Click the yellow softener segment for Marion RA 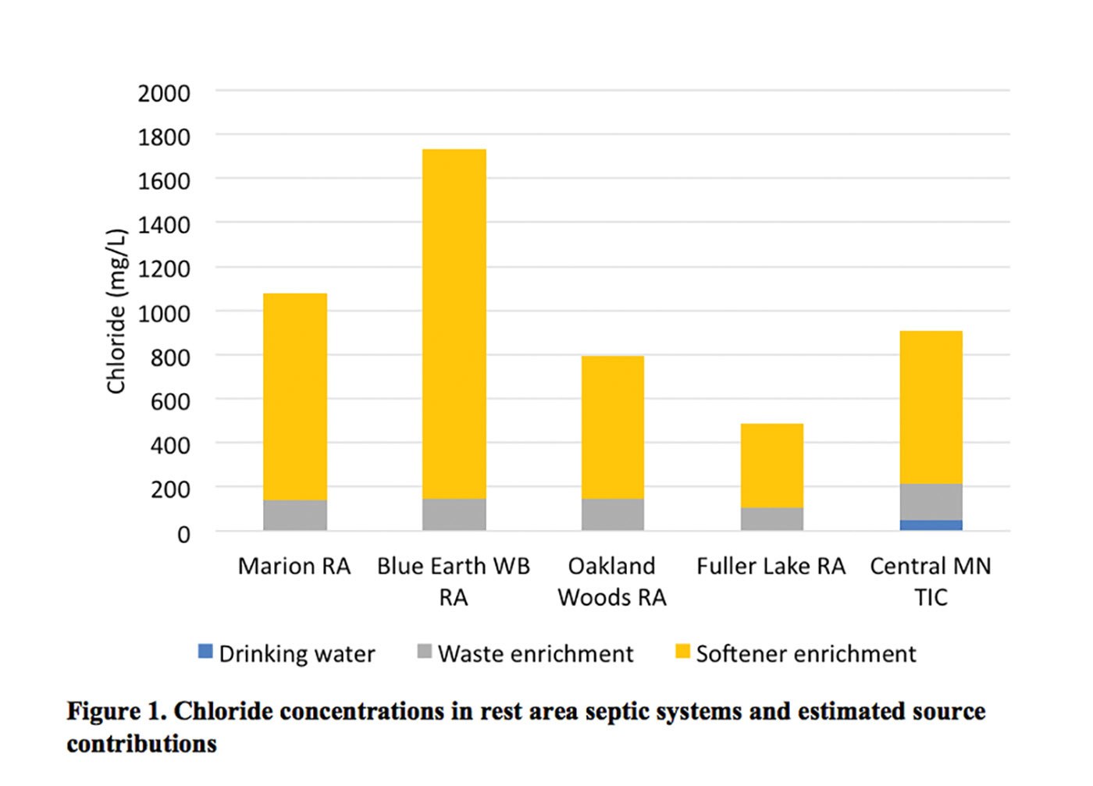click(295, 397)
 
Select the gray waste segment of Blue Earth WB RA click(454, 514)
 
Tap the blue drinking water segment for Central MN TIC click(931, 525)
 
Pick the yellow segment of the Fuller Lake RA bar click(772, 465)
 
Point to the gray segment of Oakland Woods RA click(613, 514)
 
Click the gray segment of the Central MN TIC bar click(931, 502)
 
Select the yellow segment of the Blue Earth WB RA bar click(454, 324)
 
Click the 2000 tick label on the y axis click(164, 94)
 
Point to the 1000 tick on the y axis click(164, 314)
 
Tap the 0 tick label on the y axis click(183, 535)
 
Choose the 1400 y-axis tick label click(164, 226)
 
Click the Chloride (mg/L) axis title click(116, 311)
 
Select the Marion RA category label click(294, 566)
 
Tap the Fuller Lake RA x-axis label click(771, 566)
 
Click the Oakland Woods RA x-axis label click(612, 581)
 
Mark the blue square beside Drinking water click(205, 651)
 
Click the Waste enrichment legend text click(536, 653)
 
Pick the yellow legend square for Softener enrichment click(682, 651)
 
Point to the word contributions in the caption click(141, 744)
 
